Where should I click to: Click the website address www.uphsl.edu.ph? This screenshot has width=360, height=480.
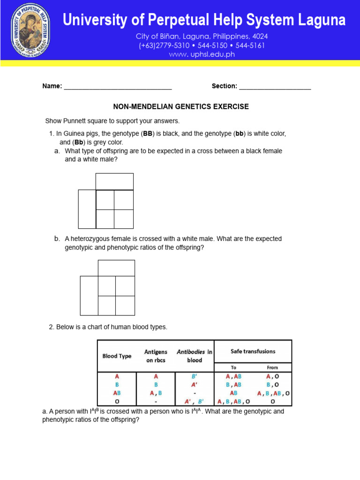pyautogui.click(x=202, y=54)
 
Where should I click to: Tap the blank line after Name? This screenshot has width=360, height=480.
pyautogui.click(x=118, y=88)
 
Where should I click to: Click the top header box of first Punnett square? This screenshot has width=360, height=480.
pyautogui.click(x=114, y=181)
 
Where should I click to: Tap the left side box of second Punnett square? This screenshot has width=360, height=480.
pyautogui.click(x=89, y=295)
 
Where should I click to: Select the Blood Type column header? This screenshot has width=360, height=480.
pyautogui.click(x=117, y=356)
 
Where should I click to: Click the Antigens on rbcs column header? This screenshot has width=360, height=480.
pyautogui.click(x=156, y=356)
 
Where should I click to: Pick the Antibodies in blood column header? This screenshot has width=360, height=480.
pyautogui.click(x=195, y=356)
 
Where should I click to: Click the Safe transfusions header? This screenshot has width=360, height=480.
pyautogui.click(x=253, y=351)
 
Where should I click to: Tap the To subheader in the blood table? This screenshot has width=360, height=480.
pyautogui.click(x=233, y=367)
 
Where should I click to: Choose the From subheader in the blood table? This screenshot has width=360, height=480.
pyautogui.click(x=272, y=367)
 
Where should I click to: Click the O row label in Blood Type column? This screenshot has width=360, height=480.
pyautogui.click(x=117, y=401)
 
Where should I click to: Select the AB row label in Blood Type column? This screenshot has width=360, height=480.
pyautogui.click(x=117, y=393)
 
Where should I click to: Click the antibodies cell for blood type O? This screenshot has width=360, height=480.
pyautogui.click(x=195, y=401)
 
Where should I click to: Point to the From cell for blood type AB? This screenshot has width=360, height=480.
pyautogui.click(x=273, y=393)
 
